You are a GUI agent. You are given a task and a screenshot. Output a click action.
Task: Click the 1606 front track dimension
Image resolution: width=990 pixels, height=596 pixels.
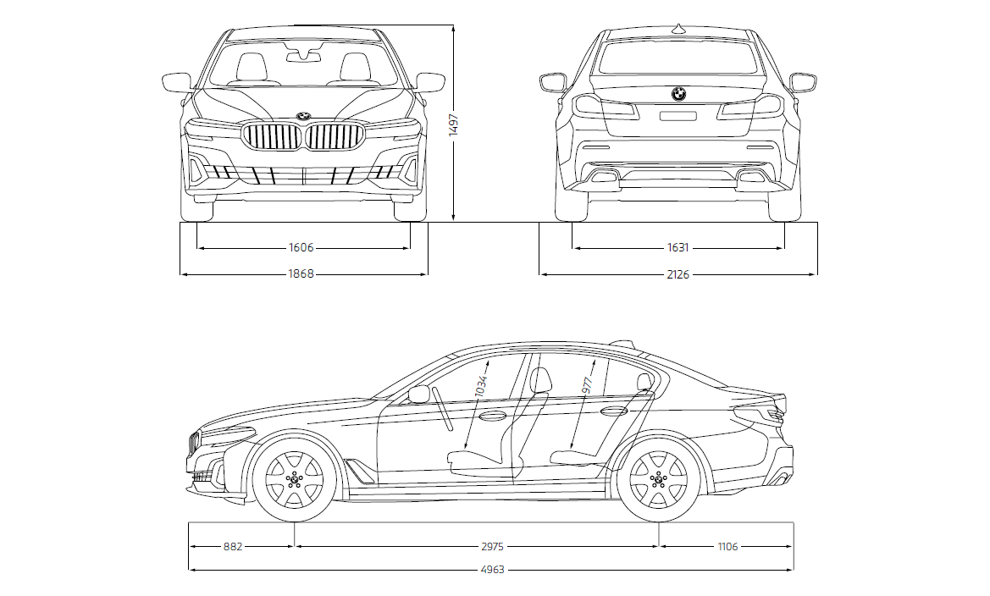click(301, 248)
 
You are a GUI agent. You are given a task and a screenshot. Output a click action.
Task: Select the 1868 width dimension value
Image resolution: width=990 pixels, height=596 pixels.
click(301, 274)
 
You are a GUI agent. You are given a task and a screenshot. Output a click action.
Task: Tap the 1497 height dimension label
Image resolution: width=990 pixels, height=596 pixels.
click(454, 126)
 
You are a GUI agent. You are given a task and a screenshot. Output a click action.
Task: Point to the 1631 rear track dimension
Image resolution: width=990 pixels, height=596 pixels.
click(678, 248)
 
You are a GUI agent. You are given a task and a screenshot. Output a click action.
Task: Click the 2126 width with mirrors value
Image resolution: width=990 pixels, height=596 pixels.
click(678, 274)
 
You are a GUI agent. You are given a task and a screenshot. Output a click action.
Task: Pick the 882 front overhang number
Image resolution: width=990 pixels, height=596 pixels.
click(233, 547)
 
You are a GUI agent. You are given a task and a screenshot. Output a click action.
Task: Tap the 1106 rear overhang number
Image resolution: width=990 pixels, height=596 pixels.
click(727, 547)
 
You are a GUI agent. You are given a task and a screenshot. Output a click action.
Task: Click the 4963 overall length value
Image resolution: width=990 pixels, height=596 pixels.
click(491, 570)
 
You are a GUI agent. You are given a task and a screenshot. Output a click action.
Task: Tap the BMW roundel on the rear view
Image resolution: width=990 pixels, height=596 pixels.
click(678, 94)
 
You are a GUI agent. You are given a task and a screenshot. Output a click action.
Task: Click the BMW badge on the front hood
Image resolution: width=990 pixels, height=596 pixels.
click(303, 115)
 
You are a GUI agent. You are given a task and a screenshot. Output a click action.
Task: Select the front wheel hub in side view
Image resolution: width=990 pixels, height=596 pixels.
click(295, 480)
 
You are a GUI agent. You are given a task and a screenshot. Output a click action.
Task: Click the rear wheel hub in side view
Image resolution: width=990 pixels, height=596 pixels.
click(658, 480)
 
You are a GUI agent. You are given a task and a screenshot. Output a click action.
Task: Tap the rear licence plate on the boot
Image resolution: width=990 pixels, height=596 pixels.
click(678, 116)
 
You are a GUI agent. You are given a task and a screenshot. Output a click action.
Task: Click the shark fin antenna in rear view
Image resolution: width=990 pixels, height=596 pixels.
click(678, 30)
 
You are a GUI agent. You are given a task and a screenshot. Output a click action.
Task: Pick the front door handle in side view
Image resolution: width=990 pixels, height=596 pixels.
click(491, 416)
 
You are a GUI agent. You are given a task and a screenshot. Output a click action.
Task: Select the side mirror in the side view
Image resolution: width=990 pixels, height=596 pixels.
click(419, 394)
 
